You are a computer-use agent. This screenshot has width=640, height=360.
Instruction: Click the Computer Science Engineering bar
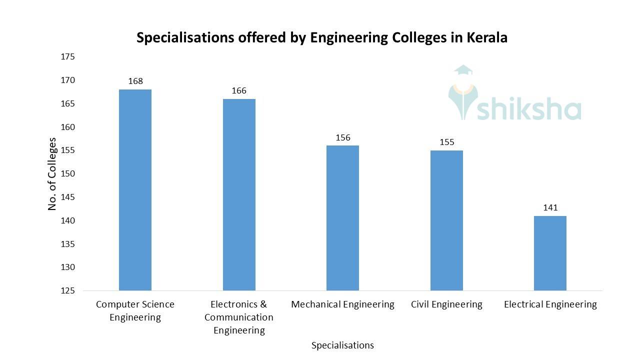tap(135, 190)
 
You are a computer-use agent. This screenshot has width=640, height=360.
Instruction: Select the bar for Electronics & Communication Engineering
tap(239, 195)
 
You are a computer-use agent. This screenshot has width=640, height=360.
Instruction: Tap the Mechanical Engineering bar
tap(342, 218)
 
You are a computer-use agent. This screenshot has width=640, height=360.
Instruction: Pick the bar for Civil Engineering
tap(446, 220)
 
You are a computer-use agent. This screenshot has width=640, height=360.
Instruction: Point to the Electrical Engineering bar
tap(550, 253)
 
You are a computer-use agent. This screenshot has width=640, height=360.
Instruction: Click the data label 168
tap(135, 81)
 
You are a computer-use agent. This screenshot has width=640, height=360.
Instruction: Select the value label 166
tap(239, 90)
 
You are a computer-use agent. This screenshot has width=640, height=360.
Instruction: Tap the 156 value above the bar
tap(343, 137)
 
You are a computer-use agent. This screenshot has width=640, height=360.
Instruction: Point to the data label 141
tap(550, 207)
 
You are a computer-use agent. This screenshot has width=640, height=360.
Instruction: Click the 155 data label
tap(446, 142)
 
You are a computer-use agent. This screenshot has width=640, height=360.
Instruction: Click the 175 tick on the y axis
tap(67, 57)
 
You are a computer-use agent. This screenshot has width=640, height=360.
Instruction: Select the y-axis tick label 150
tap(67, 174)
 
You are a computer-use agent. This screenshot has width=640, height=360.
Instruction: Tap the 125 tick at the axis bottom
tap(67, 291)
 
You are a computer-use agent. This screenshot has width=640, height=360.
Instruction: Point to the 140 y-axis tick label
tap(67, 220)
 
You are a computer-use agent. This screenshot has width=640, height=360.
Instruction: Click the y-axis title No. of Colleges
tap(52, 173)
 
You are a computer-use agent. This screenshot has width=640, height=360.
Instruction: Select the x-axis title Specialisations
tap(342, 345)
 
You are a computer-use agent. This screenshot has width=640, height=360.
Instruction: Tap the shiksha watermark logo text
tap(529, 109)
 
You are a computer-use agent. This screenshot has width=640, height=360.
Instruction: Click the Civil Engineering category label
tap(446, 304)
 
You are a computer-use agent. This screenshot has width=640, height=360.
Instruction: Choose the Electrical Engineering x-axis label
tap(550, 304)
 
